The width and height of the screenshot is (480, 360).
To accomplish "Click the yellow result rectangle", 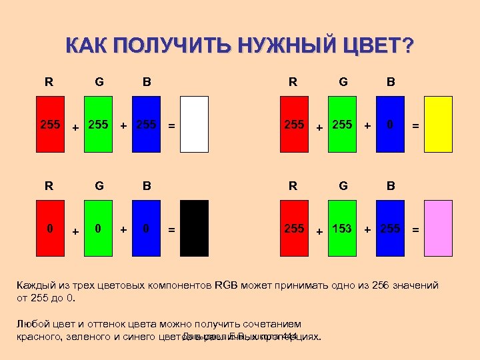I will (x=439, y=124).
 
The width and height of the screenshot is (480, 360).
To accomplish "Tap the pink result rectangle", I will (x=439, y=228).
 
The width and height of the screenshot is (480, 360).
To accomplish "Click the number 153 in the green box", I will (x=342, y=229).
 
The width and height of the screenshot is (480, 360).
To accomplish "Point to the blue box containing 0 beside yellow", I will (x=390, y=125).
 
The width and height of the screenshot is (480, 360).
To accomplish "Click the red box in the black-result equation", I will (x=49, y=228).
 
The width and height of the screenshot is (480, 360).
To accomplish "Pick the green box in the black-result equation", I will (x=98, y=228).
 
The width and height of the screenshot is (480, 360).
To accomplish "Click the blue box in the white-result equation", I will (x=146, y=124).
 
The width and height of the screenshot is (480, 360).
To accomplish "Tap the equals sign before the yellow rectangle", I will (x=415, y=125).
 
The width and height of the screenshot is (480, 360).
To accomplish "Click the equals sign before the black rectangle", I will (x=172, y=230).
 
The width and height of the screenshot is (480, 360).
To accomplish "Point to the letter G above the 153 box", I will (x=343, y=186).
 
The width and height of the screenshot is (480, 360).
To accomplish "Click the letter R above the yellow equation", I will (x=293, y=82).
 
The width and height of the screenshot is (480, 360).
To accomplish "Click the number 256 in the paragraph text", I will (x=382, y=285).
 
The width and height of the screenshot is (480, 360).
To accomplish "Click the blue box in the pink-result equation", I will (x=390, y=228).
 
